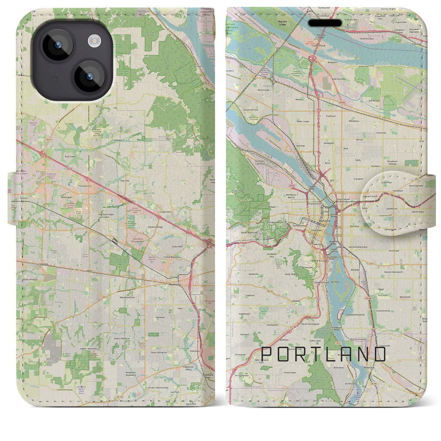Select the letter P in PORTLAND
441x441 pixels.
267,355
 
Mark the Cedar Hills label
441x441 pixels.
177,247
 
